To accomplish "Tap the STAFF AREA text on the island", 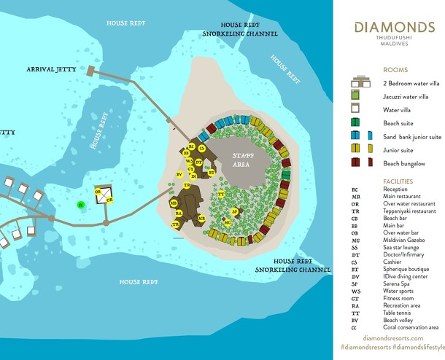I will (x=241, y=160).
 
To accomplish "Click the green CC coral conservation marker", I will (x=80, y=205).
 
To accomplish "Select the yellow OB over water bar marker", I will (x=98, y=191).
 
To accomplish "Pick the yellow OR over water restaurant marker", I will (x=109, y=200).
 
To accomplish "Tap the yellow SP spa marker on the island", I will (x=235, y=211).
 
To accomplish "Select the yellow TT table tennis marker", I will (x=220, y=195).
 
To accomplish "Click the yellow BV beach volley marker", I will (x=179, y=174).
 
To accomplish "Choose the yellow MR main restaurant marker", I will (x=173, y=202).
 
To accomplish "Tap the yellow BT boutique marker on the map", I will (x=212, y=173).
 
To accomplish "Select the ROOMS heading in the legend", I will (x=395, y=70).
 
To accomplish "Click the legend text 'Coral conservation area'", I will (x=411, y=327).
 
